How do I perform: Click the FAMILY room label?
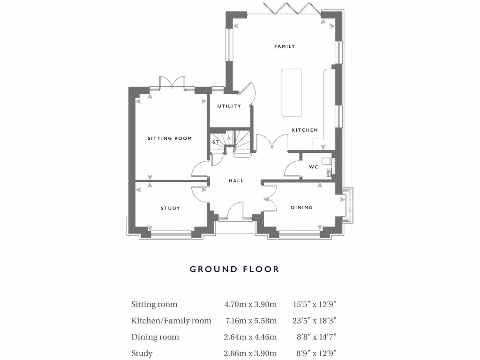(285, 46)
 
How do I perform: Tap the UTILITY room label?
(229, 106)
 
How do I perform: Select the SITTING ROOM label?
(170, 138)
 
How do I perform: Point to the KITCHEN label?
(305, 130)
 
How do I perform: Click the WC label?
(314, 167)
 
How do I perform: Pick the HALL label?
(236, 180)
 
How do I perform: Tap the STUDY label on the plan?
(170, 208)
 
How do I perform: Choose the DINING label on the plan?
(301, 207)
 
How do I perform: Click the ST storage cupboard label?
(216, 142)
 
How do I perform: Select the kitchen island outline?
(291, 92)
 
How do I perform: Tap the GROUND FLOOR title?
(234, 269)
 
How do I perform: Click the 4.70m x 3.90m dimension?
(250, 304)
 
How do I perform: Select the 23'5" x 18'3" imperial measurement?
(315, 321)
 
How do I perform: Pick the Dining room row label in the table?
(155, 337)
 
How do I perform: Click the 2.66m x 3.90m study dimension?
(250, 353)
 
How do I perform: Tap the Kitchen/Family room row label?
(171, 321)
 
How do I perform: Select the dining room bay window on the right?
(349, 205)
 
